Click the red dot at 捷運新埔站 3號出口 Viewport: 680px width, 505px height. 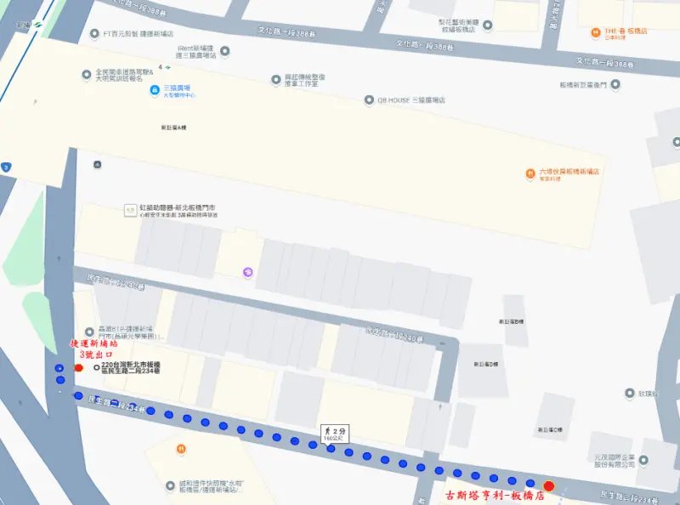click(x=78, y=368)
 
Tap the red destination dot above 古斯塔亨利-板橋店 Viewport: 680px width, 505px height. click(x=549, y=485)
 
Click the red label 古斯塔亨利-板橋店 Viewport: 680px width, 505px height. click(x=496, y=495)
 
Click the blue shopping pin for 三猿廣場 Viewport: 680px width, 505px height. click(x=154, y=90)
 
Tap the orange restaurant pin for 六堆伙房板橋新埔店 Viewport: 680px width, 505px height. click(x=530, y=173)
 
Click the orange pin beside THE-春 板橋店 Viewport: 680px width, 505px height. click(x=597, y=32)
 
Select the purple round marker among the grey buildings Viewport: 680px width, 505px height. click(x=248, y=272)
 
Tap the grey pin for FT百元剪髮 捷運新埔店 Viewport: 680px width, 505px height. click(x=93, y=35)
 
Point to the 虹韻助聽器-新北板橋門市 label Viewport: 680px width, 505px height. click(x=178, y=207)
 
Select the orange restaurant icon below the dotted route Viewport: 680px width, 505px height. click(x=181, y=449)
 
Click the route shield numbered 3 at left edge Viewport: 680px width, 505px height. click(x=6, y=167)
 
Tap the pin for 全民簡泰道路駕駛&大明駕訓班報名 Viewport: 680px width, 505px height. click(x=86, y=75)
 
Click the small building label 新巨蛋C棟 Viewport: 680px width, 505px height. click(x=547, y=430)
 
